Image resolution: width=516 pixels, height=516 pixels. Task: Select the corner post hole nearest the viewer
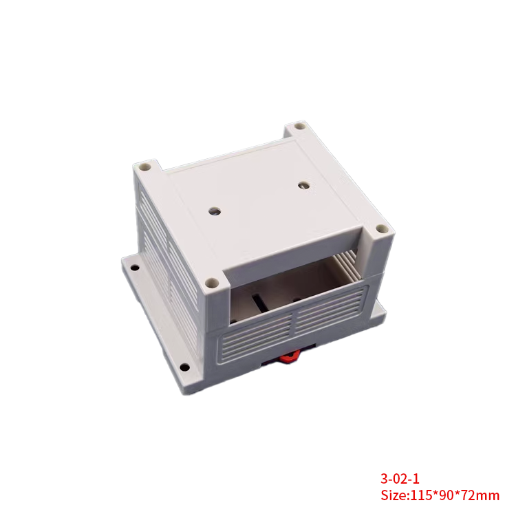pos(213,282)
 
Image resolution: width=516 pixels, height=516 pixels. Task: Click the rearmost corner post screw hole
pos(298,128)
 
